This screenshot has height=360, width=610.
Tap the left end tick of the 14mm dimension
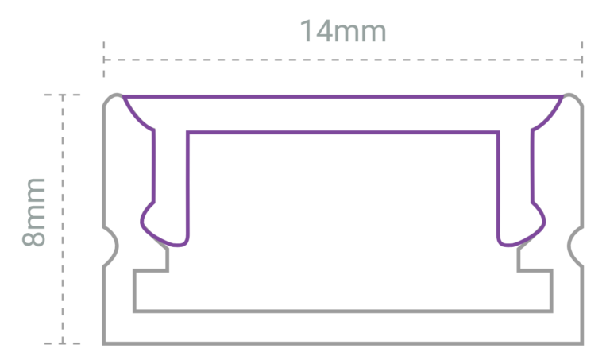pos(104,60)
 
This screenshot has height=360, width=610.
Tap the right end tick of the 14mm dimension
pos(583,60)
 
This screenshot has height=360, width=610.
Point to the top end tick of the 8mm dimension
pos(62,95)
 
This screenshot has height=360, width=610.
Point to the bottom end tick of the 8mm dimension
pos(62,343)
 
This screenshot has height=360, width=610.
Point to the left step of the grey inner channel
pos(151,270)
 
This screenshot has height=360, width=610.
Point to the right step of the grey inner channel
pos(535,270)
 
